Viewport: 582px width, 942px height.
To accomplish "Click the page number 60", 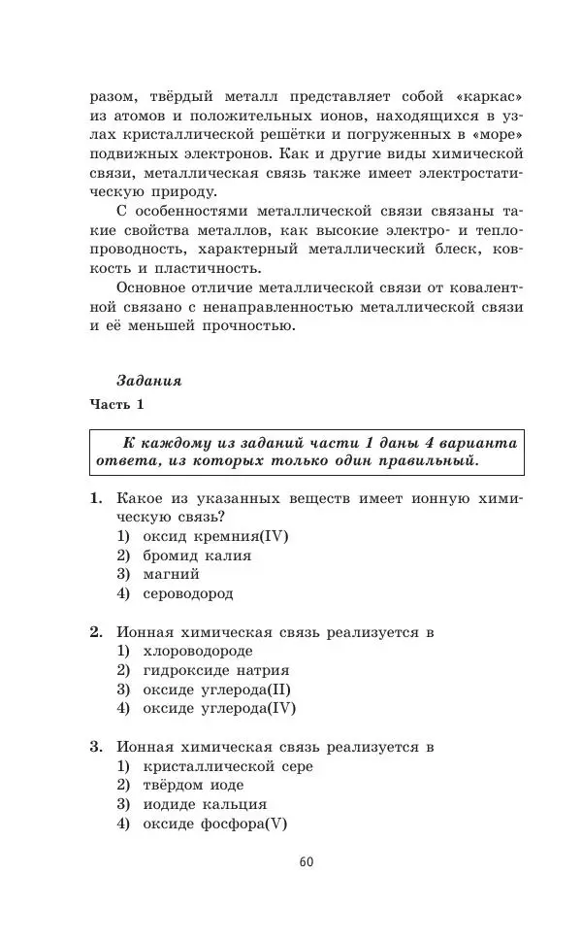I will pos(307,861).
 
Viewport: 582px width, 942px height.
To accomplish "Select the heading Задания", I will pos(147,382).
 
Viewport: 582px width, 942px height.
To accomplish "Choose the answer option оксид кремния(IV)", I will pos(215,536).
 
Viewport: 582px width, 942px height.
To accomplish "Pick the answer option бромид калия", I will pos(197,555).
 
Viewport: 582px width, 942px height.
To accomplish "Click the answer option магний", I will pos(172,574).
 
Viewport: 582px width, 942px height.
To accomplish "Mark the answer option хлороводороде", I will pos(197,651).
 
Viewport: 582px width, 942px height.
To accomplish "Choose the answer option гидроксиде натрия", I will pos(215,670).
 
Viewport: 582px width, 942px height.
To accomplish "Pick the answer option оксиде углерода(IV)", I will pos(219,708).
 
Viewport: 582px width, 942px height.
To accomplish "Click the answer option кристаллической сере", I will pos(227,766).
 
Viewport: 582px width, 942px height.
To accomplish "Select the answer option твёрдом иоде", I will pos(193,785).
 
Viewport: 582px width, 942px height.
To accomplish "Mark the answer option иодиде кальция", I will pos(204,804).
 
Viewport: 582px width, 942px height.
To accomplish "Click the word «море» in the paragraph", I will pos(496,135).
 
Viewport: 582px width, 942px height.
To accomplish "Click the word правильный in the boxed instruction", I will pos(428,459).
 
